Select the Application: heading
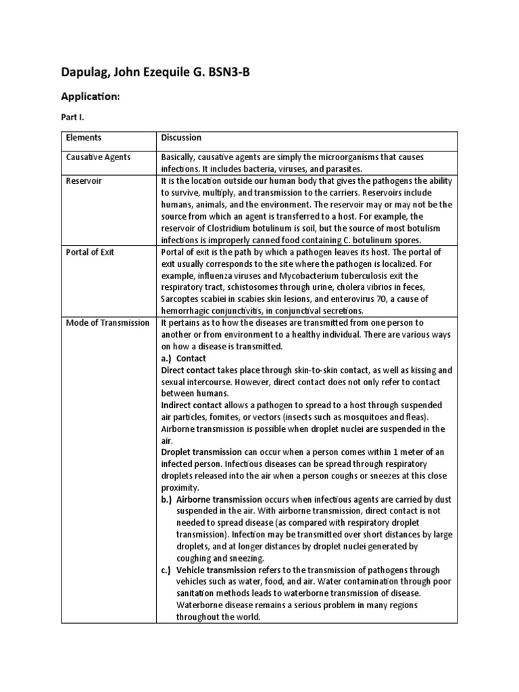tap(92, 97)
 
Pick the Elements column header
tap(84, 138)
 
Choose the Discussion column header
tap(181, 138)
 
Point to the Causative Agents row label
tap(99, 157)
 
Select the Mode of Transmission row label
tap(107, 323)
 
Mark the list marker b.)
tap(167, 499)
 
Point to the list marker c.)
tap(167, 570)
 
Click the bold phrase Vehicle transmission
tap(218, 570)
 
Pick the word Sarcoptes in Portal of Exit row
tap(181, 299)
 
